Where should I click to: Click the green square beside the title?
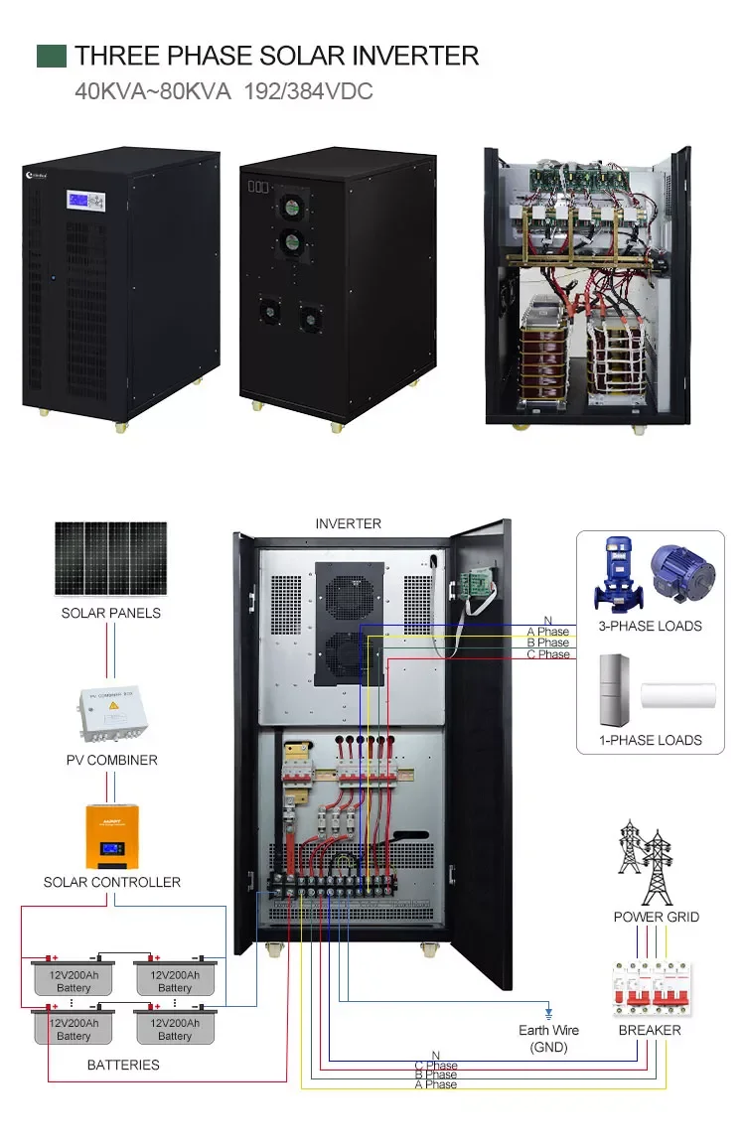[x=52, y=56]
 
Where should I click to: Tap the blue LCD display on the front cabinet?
[x=79, y=200]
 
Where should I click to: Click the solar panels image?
[x=110, y=559]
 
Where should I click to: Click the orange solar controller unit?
[x=111, y=835]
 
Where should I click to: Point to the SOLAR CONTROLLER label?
[x=112, y=882]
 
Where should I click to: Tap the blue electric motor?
[x=682, y=572]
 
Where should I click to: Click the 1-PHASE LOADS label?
[x=650, y=740]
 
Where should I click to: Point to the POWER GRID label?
[x=656, y=917]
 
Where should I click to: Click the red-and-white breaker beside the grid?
[x=652, y=989]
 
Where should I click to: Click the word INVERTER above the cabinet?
[x=348, y=523]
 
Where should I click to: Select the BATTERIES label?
[x=123, y=1065]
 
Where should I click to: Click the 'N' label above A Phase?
[x=547, y=621]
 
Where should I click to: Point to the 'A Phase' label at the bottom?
[x=435, y=1084]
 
